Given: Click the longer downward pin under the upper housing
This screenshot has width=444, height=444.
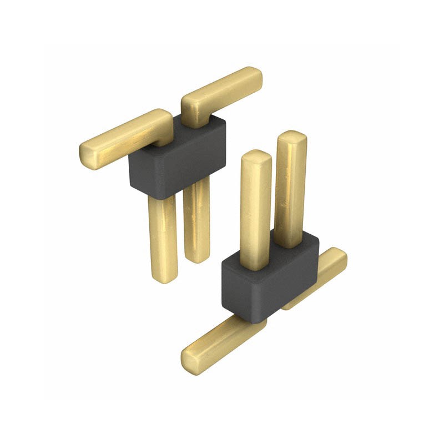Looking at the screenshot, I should (163, 239).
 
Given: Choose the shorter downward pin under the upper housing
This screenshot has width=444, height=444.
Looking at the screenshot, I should (197, 222).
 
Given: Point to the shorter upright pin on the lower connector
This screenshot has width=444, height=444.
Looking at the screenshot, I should (255, 211).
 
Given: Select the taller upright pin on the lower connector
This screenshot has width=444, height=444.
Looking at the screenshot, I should (290, 189).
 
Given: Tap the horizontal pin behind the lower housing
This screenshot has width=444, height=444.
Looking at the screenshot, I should (322, 275).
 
